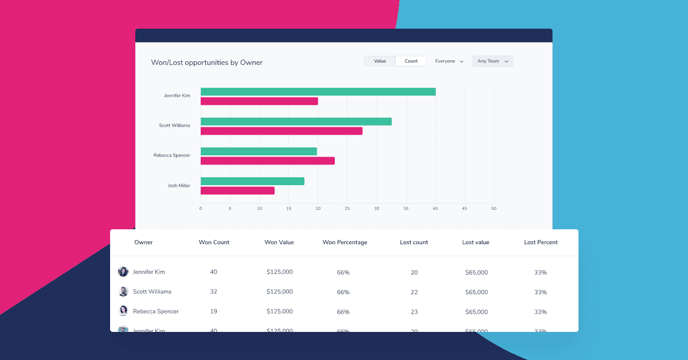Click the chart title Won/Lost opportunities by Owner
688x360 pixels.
[x=206, y=62]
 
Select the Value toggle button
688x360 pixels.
[x=380, y=61]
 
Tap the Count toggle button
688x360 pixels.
[x=411, y=61]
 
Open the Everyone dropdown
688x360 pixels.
[x=449, y=61]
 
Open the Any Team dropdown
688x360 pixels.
[x=492, y=61]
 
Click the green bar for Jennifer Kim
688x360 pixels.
[x=318, y=92]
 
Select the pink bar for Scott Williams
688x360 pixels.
[x=281, y=131]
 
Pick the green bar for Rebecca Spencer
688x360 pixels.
[x=259, y=151]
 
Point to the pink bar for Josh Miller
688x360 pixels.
[x=237, y=190]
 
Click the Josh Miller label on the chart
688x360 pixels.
[x=179, y=186]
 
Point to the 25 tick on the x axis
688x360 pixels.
[x=347, y=209]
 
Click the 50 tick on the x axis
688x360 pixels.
[x=494, y=209]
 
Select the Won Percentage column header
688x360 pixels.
[x=345, y=242]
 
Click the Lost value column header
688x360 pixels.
[x=475, y=242]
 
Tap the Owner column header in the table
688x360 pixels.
[x=143, y=242]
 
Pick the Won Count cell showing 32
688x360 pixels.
[x=213, y=292]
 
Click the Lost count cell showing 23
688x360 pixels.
[x=414, y=312]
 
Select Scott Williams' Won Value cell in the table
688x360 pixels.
[x=279, y=292]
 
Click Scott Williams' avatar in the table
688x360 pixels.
[x=123, y=292]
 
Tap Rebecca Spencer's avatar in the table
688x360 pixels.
[x=123, y=311]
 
